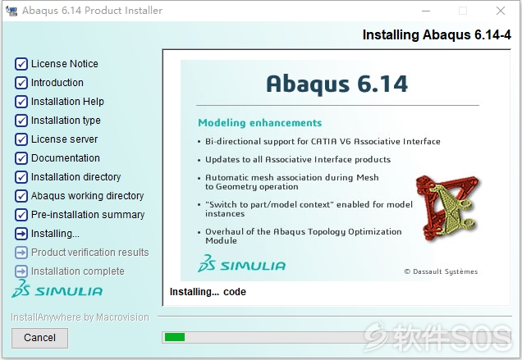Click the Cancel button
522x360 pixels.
(x=39, y=338)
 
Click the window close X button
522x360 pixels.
(x=501, y=11)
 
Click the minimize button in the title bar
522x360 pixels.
(x=426, y=11)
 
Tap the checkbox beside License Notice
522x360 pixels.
(x=21, y=63)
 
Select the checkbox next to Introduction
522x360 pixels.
(x=21, y=83)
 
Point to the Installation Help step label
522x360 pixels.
(x=67, y=102)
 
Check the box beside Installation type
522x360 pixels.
(x=21, y=120)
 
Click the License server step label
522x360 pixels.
(x=64, y=139)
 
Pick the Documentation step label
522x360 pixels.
(x=66, y=158)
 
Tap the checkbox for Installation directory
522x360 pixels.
(x=21, y=176)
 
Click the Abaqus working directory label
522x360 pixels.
(x=87, y=196)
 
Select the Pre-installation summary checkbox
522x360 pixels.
(x=21, y=215)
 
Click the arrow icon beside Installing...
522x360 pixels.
(x=21, y=234)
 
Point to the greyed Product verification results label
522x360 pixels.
(x=90, y=253)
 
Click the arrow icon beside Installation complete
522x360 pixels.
(x=21, y=271)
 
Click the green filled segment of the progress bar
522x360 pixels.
(x=175, y=337)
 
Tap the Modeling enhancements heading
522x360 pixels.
(x=259, y=123)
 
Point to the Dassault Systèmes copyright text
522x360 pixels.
(x=441, y=271)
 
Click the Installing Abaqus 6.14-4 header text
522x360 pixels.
(x=437, y=35)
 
